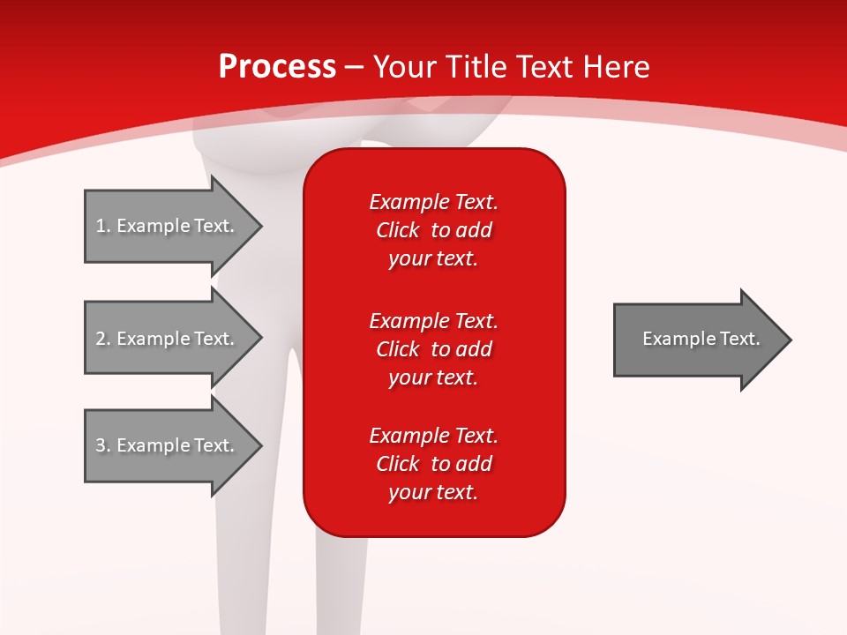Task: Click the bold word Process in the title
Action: [277, 67]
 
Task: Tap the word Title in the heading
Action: [476, 67]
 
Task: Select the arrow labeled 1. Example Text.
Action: [168, 226]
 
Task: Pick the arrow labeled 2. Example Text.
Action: [168, 339]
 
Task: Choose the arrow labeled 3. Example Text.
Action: [168, 445]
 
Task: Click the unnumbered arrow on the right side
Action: [697, 339]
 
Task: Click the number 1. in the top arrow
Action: [103, 226]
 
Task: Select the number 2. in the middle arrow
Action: [103, 339]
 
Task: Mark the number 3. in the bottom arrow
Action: [103, 445]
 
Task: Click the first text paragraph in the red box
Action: [433, 230]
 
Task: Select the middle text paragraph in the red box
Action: [433, 349]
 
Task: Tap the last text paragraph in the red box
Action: [433, 464]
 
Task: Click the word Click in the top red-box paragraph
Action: [397, 230]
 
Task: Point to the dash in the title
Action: [354, 68]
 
